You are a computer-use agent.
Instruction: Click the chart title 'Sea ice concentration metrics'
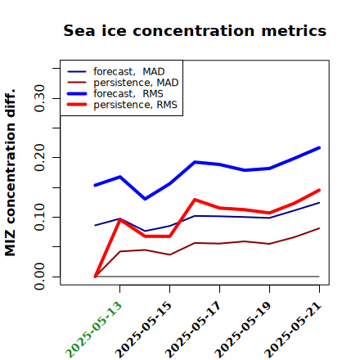tap(195, 30)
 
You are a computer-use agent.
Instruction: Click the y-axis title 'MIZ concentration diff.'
tap(11, 173)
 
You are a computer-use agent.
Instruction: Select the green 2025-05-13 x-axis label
tap(93, 330)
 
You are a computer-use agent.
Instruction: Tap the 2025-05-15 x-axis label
tap(143, 330)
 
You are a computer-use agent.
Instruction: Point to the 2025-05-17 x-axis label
tap(193, 330)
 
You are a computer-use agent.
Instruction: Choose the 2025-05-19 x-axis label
tap(243, 330)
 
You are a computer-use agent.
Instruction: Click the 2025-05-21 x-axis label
tap(293, 330)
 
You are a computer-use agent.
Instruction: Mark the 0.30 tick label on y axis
tap(39, 98)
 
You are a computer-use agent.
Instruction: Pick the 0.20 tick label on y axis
tap(39, 158)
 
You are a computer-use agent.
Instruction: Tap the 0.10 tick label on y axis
tap(39, 217)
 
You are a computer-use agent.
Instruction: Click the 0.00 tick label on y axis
tap(39, 277)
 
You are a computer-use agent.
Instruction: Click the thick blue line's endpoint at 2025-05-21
tap(319, 148)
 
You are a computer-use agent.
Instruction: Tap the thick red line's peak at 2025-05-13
tap(119, 219)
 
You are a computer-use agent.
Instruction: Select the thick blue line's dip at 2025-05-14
tap(145, 199)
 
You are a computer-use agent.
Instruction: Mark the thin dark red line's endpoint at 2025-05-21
tap(319, 228)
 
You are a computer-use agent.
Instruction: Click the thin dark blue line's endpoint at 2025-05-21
tap(319, 203)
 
